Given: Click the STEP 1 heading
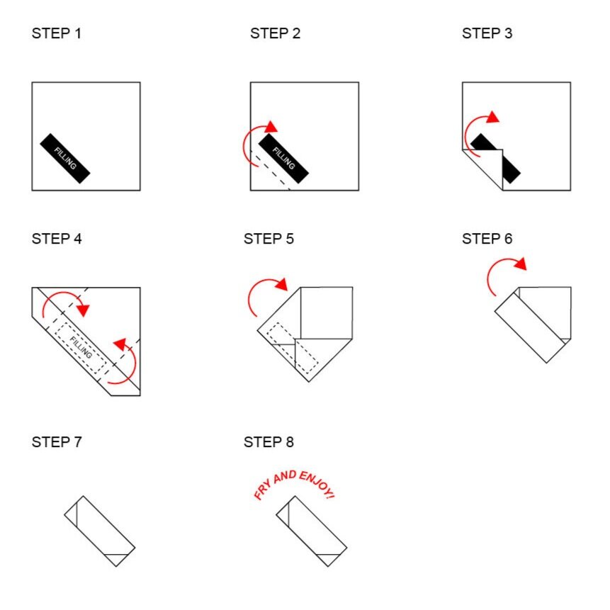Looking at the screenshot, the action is coord(57,33).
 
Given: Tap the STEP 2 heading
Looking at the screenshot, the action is coord(275,33).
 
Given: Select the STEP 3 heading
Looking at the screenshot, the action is coord(487,33).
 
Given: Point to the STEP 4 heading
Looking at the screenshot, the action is coord(57,239).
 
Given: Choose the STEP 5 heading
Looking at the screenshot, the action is coord(269,239).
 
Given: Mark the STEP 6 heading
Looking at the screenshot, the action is coord(487,239).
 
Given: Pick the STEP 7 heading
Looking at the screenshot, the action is coord(57,442).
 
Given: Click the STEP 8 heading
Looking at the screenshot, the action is coord(269,442).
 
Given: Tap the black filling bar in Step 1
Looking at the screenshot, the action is coord(65,158).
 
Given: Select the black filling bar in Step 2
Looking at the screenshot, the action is coord(283,158).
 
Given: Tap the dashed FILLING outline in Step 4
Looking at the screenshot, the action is coord(81,347).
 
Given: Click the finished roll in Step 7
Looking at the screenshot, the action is coord(100,531).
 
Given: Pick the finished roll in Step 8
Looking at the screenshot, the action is coord(311,531).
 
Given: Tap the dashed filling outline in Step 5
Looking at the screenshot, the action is coord(293,348).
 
